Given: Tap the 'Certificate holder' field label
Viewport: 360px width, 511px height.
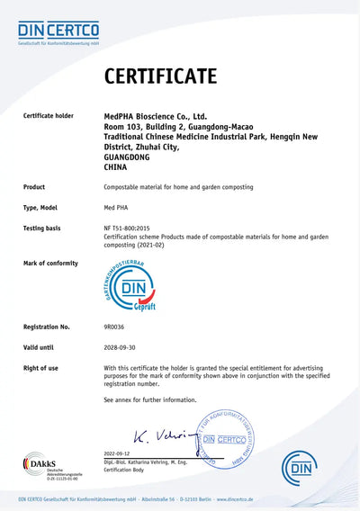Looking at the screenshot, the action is click(x=54, y=116).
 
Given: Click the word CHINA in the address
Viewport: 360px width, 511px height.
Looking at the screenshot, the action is click(x=118, y=166).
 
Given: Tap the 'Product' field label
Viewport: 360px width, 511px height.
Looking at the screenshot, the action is click(x=36, y=186).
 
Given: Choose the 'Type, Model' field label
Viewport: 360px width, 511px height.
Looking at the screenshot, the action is click(x=43, y=207).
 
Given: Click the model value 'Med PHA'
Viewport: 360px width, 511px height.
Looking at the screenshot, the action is click(x=117, y=207).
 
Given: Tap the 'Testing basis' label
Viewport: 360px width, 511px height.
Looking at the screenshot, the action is click(x=42, y=228).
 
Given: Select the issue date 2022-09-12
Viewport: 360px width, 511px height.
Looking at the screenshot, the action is click(x=117, y=453).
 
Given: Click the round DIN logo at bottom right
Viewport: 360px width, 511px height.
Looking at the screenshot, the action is click(x=300, y=467).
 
